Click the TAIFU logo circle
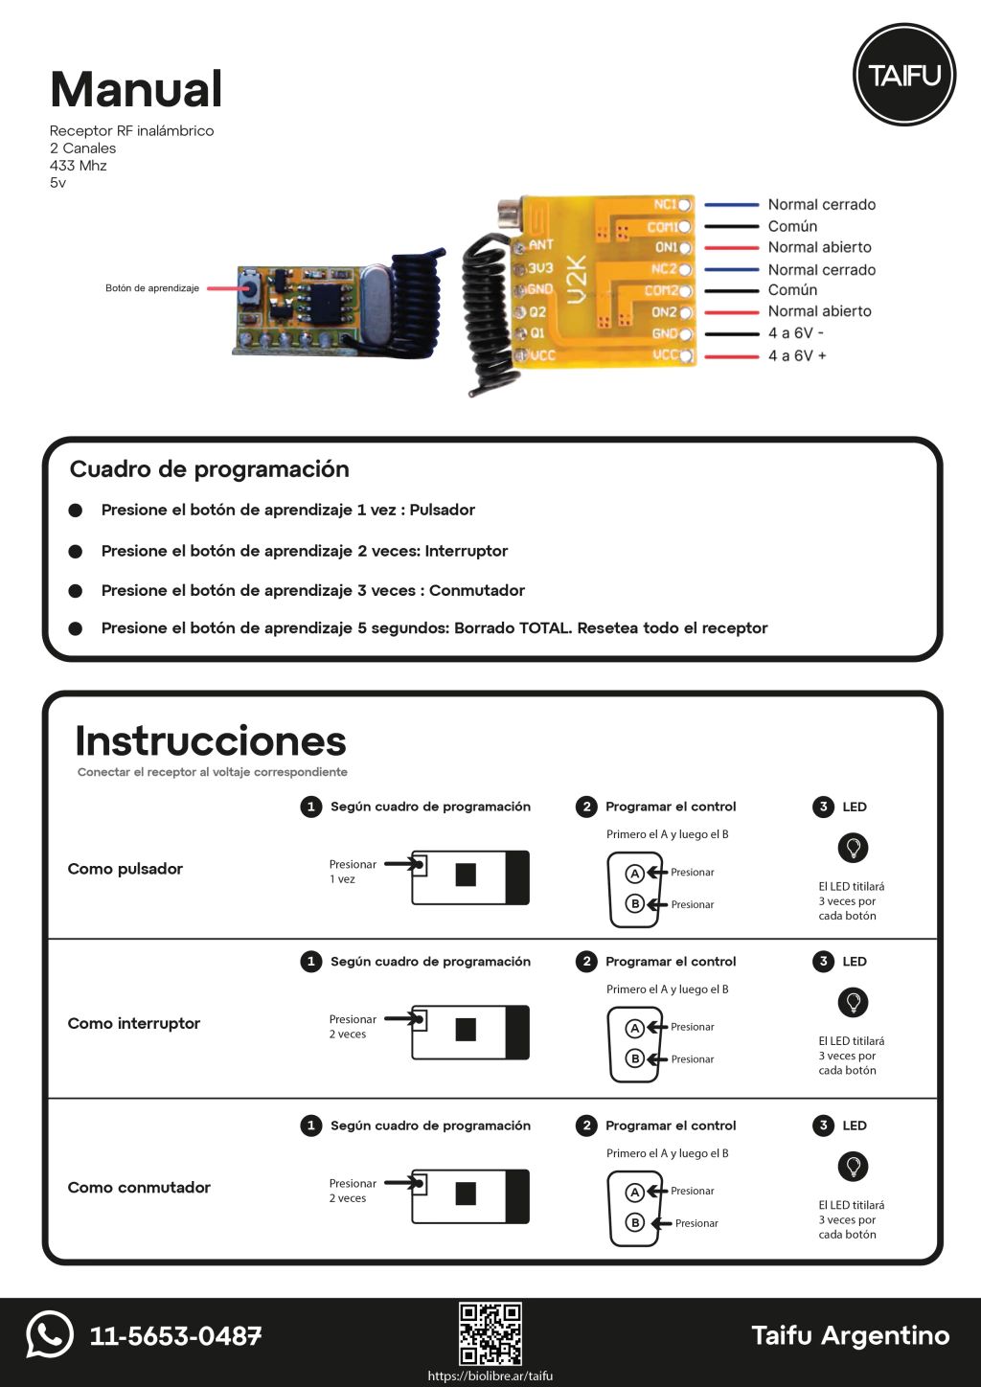coord(904,75)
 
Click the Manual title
coord(136,90)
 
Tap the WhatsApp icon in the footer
coord(50,1333)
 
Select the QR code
coord(490,1332)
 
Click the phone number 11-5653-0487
coord(175,1336)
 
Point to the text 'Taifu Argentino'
coord(850,1335)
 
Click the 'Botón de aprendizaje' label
coord(152,288)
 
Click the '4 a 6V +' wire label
coord(797,355)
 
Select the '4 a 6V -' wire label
coord(795,333)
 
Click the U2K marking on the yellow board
coord(577,279)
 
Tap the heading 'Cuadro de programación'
coord(209,469)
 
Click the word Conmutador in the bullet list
coord(477,591)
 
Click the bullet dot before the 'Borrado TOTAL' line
coord(76,628)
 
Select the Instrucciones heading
coord(211,741)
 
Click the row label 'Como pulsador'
coord(125,869)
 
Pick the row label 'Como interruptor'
coord(133,1023)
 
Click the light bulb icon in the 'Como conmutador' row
coord(853,1166)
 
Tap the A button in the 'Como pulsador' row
coord(634,874)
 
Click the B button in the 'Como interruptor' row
coord(634,1058)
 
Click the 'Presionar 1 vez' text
coord(353,872)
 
